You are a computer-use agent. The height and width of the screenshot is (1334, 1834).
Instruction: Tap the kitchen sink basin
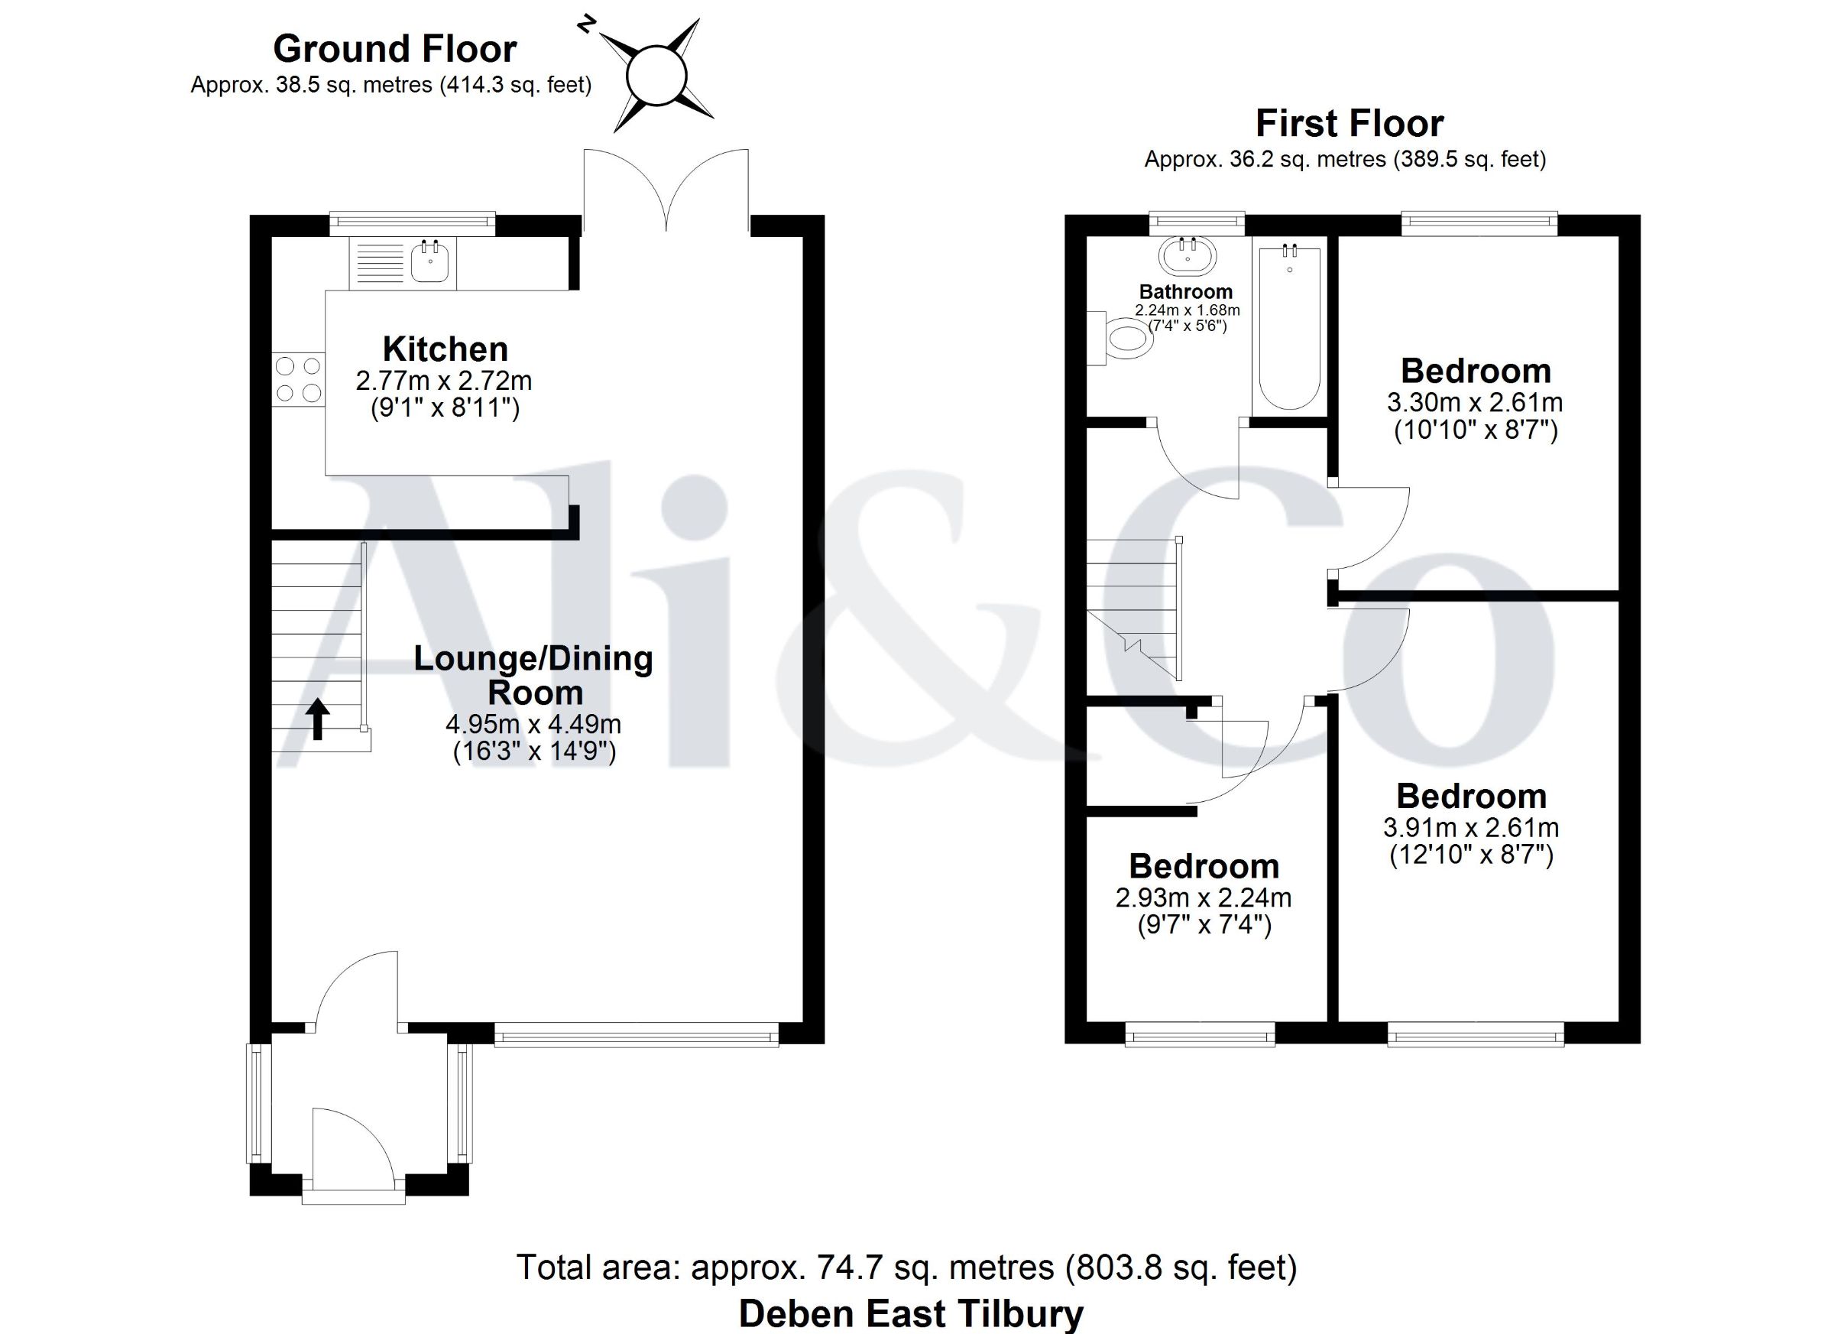tap(430, 261)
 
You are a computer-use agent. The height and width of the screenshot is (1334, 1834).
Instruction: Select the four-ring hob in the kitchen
tap(298, 379)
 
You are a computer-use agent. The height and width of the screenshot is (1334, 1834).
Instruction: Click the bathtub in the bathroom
tap(1290, 327)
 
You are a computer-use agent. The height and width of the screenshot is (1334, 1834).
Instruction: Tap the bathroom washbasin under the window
tap(1187, 255)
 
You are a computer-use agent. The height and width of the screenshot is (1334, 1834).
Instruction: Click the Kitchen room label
tap(446, 349)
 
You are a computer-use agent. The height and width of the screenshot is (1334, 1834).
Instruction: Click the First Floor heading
tap(1350, 124)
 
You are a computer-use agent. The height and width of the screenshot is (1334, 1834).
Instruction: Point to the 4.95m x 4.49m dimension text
tap(533, 723)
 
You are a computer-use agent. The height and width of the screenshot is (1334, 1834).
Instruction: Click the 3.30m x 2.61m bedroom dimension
tap(1475, 402)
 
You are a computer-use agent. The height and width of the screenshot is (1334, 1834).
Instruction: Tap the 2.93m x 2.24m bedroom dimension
tap(1204, 897)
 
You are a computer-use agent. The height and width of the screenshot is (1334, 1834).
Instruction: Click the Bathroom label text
tap(1186, 291)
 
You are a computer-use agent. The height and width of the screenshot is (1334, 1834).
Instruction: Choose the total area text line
tap(906, 1267)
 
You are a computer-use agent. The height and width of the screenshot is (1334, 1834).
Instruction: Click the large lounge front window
tap(637, 1034)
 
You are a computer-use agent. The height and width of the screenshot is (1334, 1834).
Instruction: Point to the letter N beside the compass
tap(585, 25)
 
